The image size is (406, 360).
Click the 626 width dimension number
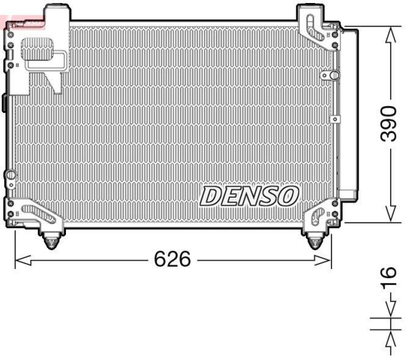coord(173,259)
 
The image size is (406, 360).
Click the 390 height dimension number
coord(388,124)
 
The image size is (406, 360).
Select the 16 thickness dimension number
coord(388,279)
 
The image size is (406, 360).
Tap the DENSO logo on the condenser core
coord(249,196)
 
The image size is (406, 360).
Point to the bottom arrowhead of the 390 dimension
coord(390,213)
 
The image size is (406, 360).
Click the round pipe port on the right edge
coord(333,75)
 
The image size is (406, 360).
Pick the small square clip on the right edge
coord(334,119)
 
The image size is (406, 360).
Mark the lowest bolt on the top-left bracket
coord(10,66)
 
